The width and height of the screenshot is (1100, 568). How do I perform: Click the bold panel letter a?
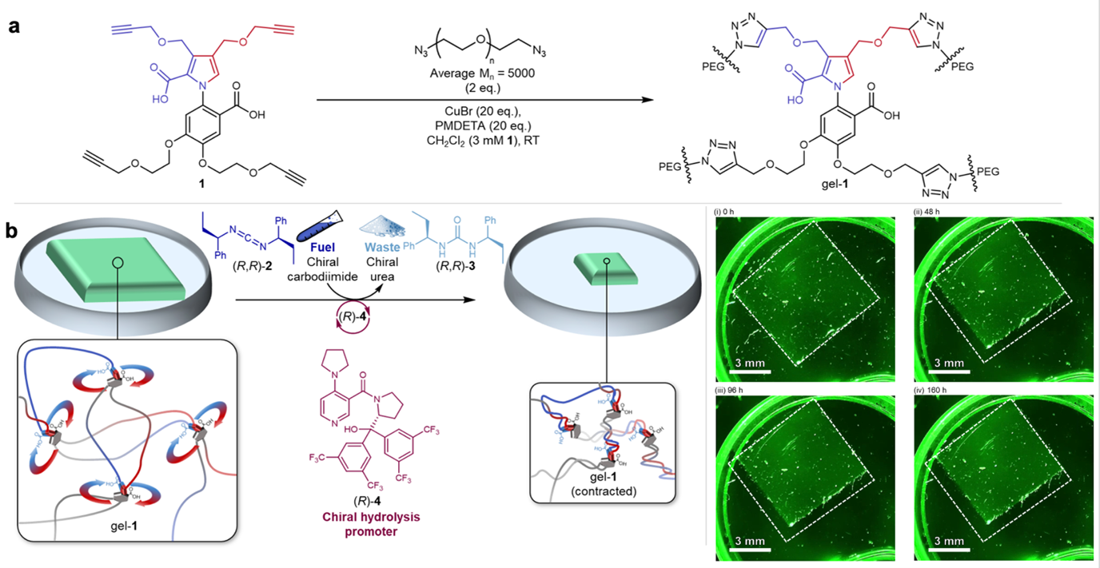point(14,26)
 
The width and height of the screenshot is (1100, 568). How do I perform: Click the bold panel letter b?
point(14,232)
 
